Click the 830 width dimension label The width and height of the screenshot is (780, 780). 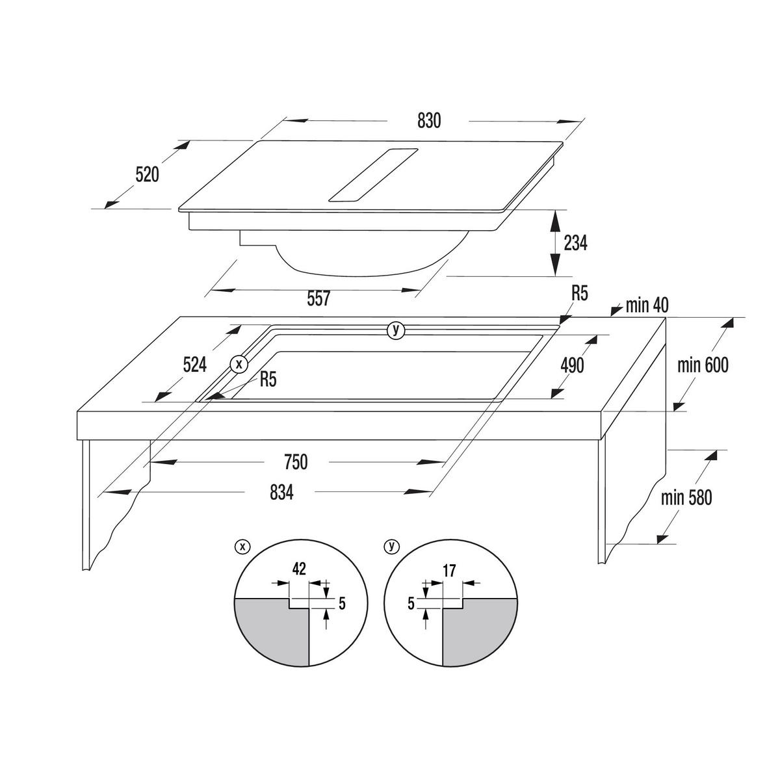click(x=428, y=121)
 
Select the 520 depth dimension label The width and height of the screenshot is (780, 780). click(x=147, y=174)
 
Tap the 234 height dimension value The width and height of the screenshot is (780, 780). click(x=575, y=243)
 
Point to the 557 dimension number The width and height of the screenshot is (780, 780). click(x=318, y=298)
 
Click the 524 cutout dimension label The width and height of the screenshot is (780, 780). click(x=195, y=365)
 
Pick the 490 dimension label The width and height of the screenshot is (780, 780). click(x=572, y=365)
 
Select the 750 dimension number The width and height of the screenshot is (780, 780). click(x=296, y=462)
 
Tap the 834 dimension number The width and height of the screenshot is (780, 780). click(x=281, y=493)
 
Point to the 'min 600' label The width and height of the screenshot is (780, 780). click(x=703, y=365)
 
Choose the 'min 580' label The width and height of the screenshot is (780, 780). click(x=686, y=497)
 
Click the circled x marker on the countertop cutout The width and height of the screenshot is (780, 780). click(x=239, y=364)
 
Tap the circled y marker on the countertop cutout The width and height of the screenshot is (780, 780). click(x=396, y=330)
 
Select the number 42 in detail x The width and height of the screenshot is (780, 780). click(x=299, y=569)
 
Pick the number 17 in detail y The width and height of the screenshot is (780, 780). click(x=449, y=571)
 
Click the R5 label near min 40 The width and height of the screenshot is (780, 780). click(x=579, y=293)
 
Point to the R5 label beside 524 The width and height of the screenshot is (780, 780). click(x=268, y=380)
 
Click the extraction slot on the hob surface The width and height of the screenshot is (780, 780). click(x=373, y=174)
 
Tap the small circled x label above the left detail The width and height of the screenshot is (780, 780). click(x=242, y=547)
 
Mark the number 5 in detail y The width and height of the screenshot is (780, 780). click(x=411, y=603)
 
